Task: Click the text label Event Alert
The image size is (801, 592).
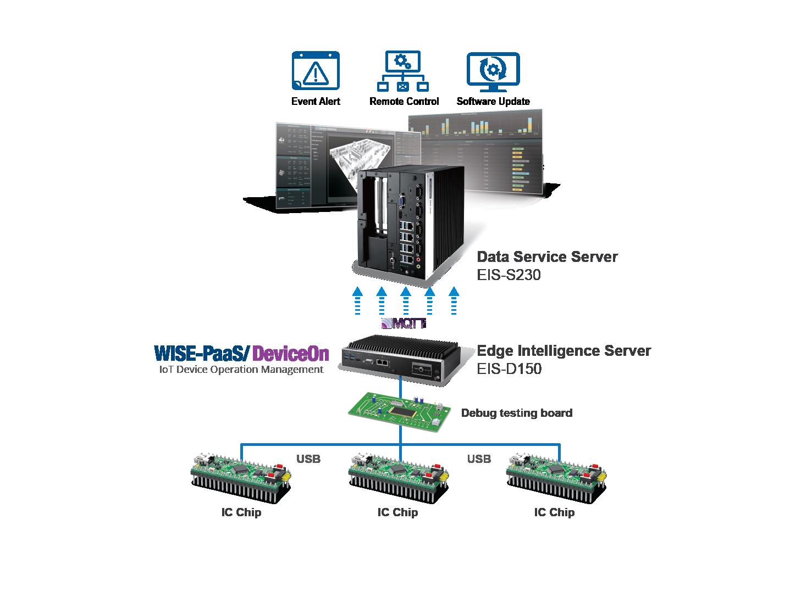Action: click(316, 102)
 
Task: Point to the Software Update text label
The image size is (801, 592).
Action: click(493, 102)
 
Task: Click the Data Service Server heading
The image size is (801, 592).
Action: click(547, 256)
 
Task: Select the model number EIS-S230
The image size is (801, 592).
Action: click(509, 275)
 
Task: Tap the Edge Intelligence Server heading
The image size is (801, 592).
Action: click(564, 350)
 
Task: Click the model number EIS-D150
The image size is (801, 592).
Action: click(509, 368)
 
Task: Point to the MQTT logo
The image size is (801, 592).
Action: click(404, 323)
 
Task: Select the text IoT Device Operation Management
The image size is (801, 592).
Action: click(241, 370)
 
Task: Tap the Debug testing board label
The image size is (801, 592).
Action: click(516, 413)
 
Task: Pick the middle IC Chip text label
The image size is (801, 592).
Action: click(397, 512)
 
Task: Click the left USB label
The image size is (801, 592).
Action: click(308, 459)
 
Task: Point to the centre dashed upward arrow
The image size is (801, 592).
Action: click(406, 300)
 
